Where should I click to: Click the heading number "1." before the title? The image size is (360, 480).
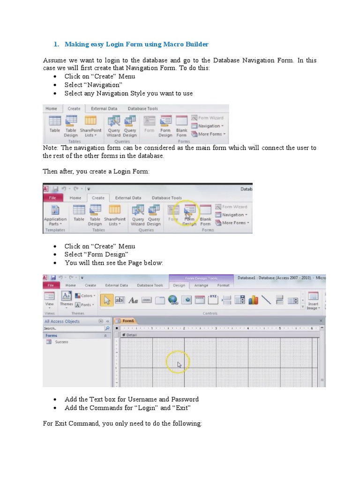(x=56, y=45)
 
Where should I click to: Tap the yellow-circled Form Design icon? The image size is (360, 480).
(x=189, y=213)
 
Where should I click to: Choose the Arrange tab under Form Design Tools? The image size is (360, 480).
(x=201, y=285)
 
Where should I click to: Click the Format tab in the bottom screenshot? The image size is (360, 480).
(x=223, y=285)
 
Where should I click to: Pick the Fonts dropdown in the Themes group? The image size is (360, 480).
(x=86, y=305)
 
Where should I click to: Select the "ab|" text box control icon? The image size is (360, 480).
(x=120, y=300)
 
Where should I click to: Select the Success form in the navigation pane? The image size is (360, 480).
(x=61, y=342)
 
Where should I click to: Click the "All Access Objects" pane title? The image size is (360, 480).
(x=62, y=322)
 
